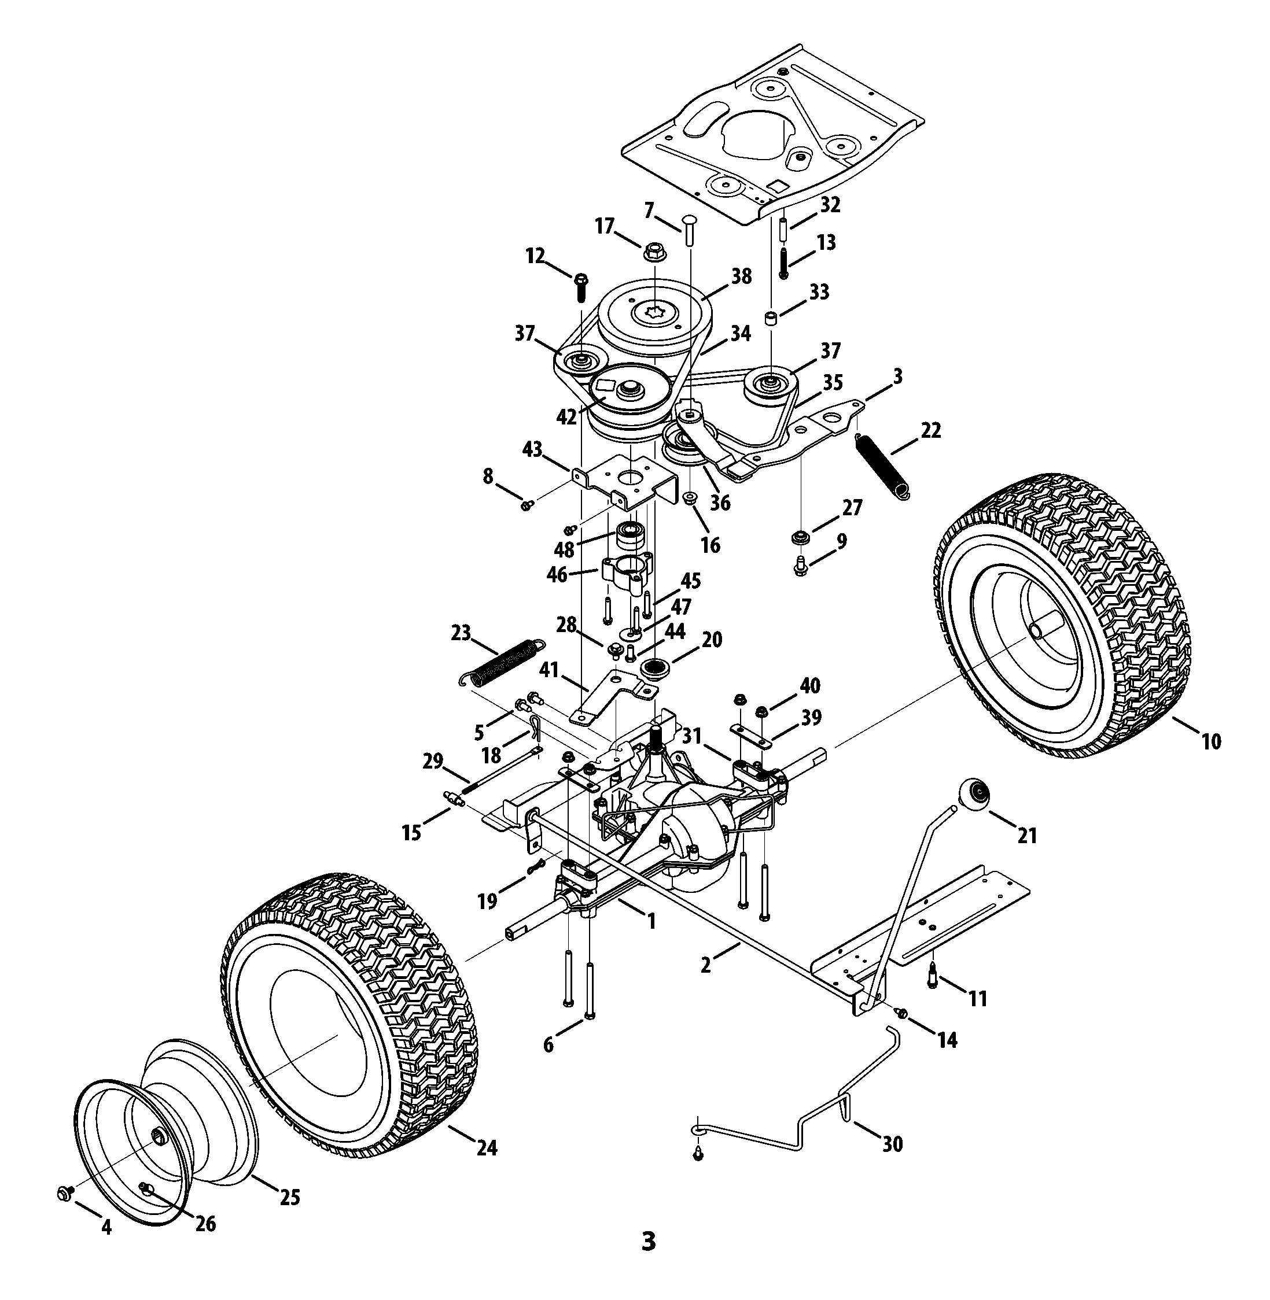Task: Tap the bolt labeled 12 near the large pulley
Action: [x=580, y=287]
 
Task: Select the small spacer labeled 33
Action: [x=772, y=317]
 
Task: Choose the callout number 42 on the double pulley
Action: [x=566, y=417]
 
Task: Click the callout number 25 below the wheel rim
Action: [x=289, y=1197]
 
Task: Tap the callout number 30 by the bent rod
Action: [x=892, y=1144]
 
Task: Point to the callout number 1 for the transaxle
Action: [x=651, y=921]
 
